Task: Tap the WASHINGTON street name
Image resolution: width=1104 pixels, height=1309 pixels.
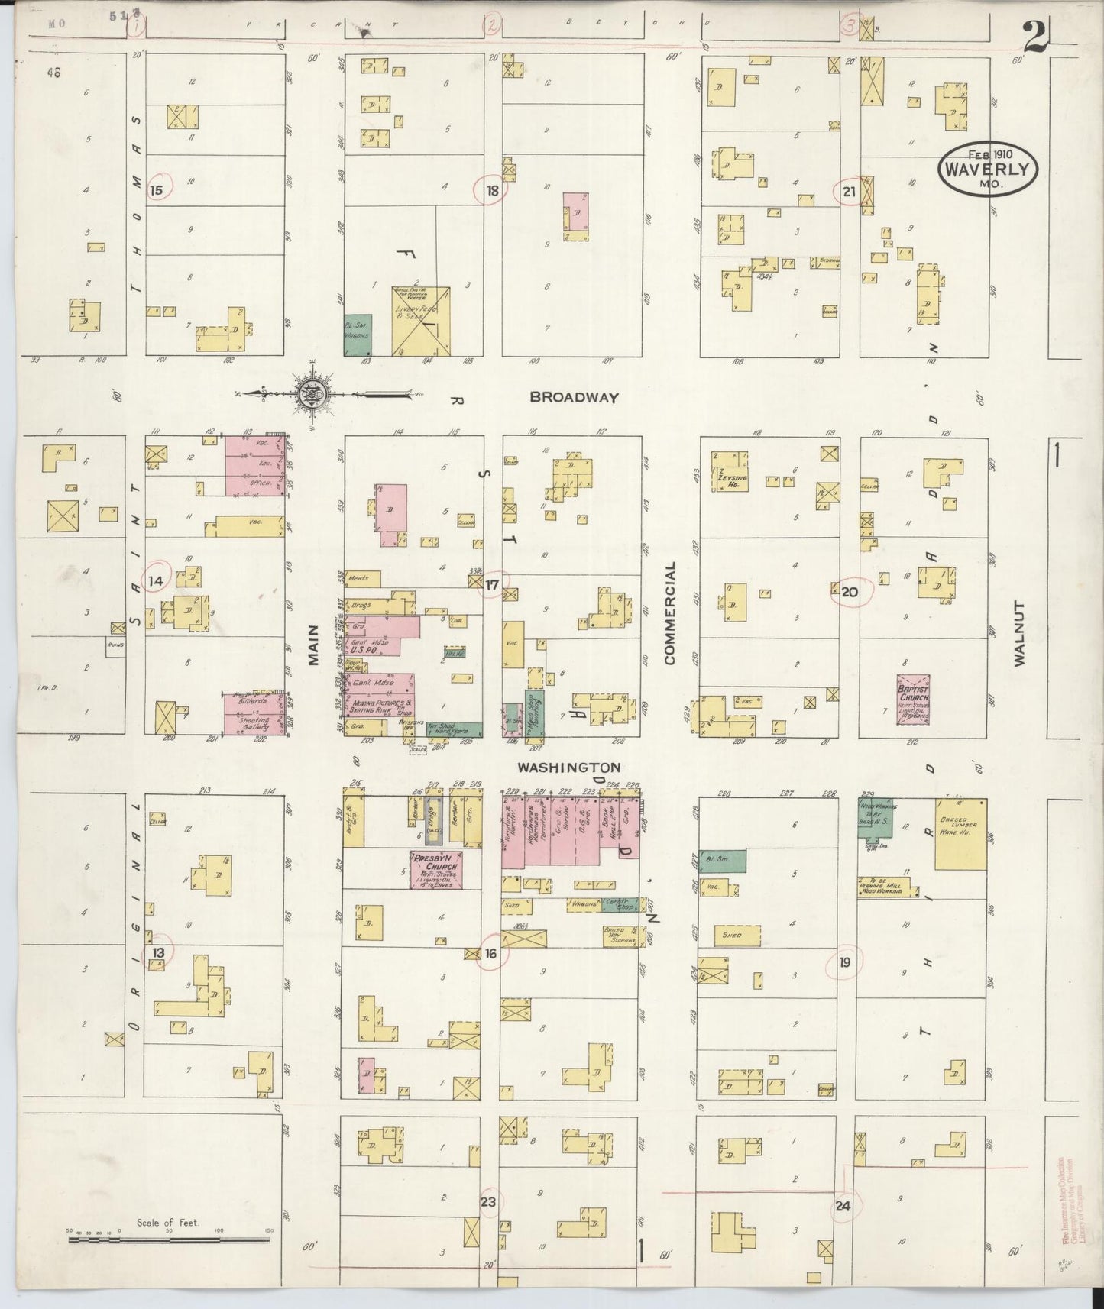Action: click(568, 767)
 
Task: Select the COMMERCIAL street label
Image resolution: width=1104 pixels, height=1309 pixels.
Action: click(670, 613)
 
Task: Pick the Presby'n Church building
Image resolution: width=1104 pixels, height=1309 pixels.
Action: click(436, 871)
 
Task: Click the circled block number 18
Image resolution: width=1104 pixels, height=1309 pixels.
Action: click(492, 191)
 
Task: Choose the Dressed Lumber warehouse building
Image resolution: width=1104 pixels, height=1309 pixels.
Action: click(960, 834)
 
